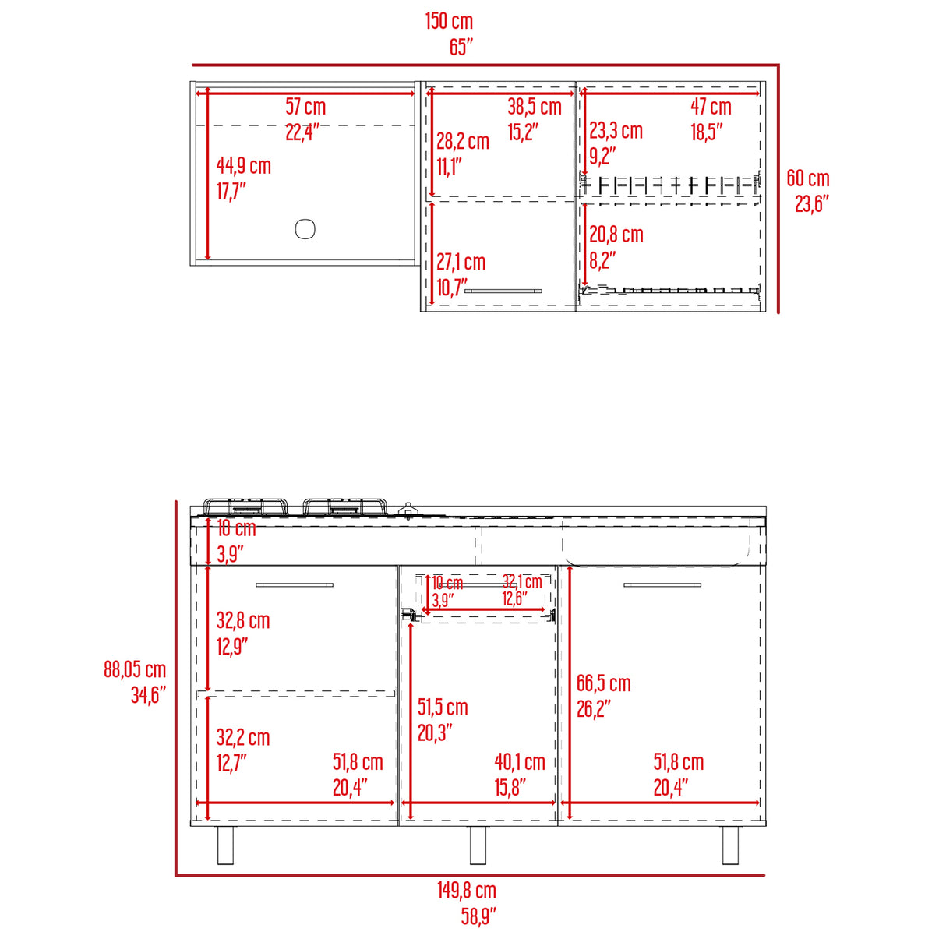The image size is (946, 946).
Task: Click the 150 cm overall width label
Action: [x=449, y=22]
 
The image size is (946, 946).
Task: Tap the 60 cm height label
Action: [x=807, y=178]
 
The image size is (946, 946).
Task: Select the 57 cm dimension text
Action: [x=305, y=107]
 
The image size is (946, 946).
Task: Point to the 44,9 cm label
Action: [x=243, y=166]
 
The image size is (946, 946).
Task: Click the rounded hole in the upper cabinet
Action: [x=305, y=229]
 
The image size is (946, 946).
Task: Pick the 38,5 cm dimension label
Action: [x=534, y=107]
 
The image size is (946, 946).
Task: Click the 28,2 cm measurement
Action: [x=462, y=141]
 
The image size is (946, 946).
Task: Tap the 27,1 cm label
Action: [x=461, y=263]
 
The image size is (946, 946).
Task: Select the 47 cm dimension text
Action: [x=711, y=107]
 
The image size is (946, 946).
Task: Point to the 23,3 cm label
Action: [x=616, y=131]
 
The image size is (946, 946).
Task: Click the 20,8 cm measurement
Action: [x=616, y=235]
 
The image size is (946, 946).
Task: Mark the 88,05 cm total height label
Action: [x=135, y=669]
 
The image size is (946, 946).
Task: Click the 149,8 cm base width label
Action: [x=466, y=891]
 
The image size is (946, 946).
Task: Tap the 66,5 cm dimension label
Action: [x=603, y=684]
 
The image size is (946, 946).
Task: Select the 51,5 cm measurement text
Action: [x=443, y=708]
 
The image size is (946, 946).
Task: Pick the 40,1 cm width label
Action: [x=520, y=762]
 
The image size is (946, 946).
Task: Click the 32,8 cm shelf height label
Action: [x=243, y=621]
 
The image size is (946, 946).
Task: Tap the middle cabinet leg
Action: [x=478, y=845]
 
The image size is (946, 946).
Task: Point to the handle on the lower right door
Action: [x=662, y=584]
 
